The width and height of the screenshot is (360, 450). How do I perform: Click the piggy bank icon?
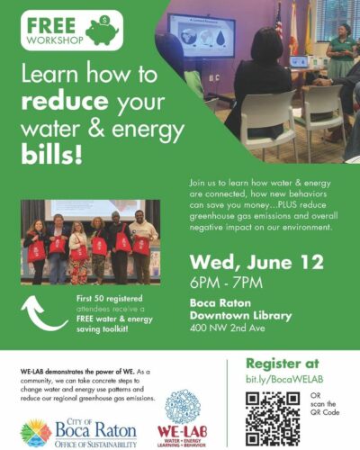pyautogui.click(x=102, y=30)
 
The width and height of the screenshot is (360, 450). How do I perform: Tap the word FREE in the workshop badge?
pyautogui.click(x=51, y=25)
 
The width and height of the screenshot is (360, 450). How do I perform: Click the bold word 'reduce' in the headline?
pyautogui.click(x=65, y=102)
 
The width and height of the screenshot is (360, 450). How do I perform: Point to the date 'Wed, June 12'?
pyautogui.click(x=256, y=263)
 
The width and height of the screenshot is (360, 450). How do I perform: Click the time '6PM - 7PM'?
pyautogui.click(x=226, y=283)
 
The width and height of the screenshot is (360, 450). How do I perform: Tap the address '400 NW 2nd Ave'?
pyautogui.click(x=228, y=328)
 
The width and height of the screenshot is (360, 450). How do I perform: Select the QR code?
pyautogui.click(x=273, y=418)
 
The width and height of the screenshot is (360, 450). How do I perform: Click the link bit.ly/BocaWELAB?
pyautogui.click(x=284, y=379)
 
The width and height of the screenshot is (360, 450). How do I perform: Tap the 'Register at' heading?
pyautogui.click(x=283, y=364)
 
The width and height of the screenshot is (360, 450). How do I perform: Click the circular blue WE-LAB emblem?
pyautogui.click(x=183, y=406)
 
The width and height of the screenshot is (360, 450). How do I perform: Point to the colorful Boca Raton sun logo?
pyautogui.click(x=36, y=433)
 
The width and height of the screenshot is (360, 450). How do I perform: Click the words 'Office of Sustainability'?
pyautogui.click(x=95, y=444)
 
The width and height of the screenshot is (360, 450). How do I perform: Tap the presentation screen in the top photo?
pyautogui.click(x=202, y=35)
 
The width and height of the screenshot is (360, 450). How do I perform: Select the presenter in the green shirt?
pyautogui.click(x=341, y=51)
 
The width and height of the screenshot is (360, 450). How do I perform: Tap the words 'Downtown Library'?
pyautogui.click(x=240, y=315)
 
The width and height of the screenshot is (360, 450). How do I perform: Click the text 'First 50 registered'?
pyautogui.click(x=110, y=299)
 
